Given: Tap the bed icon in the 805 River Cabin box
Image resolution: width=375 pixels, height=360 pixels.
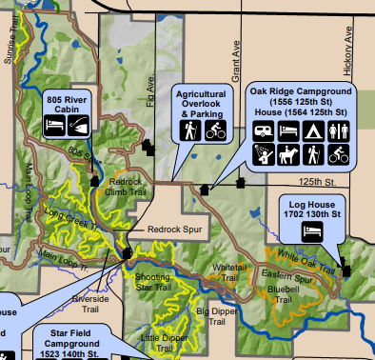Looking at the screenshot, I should coord(55,124).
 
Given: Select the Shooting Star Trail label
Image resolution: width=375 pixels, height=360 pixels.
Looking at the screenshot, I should coord(152,281).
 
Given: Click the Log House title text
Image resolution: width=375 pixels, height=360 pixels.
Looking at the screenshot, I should coord(309,204).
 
